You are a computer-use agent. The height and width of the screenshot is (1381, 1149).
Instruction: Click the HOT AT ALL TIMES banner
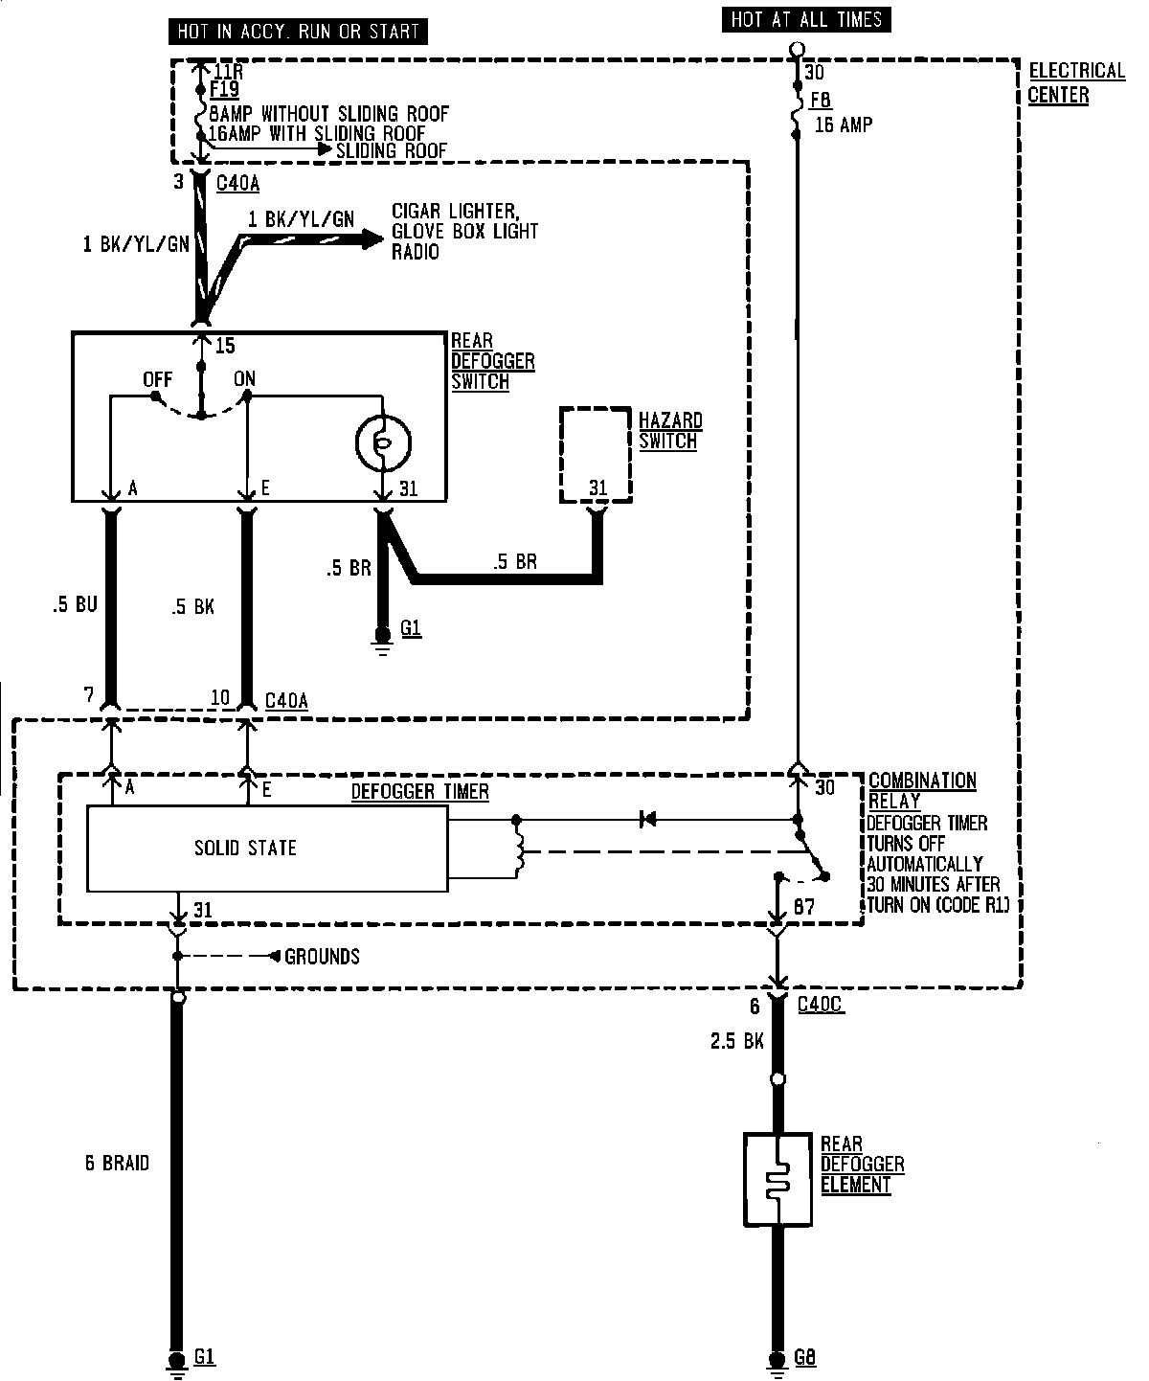pyautogui.click(x=806, y=19)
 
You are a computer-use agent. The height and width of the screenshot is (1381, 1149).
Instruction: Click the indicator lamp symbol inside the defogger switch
pyautogui.click(x=382, y=441)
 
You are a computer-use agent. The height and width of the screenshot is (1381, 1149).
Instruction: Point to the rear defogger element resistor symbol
pyautogui.click(x=777, y=1179)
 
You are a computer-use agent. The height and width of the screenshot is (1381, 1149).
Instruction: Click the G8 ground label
pyautogui.click(x=805, y=1356)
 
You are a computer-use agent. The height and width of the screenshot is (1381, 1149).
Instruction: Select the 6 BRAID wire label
pyautogui.click(x=117, y=1163)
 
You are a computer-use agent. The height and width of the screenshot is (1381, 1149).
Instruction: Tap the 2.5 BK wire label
pyautogui.click(x=737, y=1041)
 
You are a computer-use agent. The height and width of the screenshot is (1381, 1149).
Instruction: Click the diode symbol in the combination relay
pyautogui.click(x=648, y=819)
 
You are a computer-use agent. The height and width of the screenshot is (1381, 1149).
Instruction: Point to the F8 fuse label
pyautogui.click(x=822, y=100)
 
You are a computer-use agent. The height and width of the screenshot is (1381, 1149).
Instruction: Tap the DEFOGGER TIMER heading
pyautogui.click(x=419, y=791)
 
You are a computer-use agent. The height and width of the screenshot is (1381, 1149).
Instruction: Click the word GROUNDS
pyautogui.click(x=323, y=956)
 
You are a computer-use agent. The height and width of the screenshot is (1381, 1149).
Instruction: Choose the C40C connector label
pyautogui.click(x=821, y=1005)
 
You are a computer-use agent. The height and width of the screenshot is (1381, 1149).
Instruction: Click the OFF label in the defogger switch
pyautogui.click(x=157, y=379)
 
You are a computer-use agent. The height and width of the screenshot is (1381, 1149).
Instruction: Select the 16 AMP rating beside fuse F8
pyautogui.click(x=844, y=125)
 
